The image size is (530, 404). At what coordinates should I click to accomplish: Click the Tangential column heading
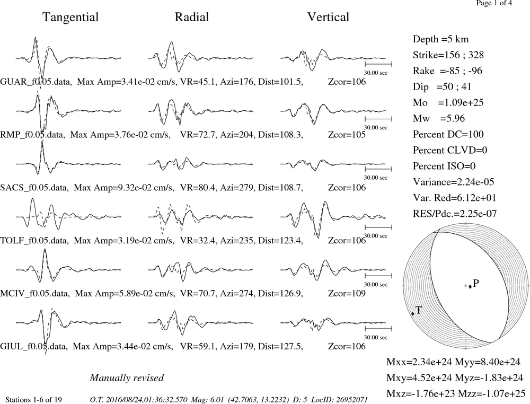(x=70, y=17)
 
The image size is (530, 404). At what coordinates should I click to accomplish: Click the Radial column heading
(x=192, y=17)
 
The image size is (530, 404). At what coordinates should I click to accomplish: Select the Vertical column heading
(x=328, y=17)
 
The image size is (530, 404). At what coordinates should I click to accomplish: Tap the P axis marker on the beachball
(x=470, y=286)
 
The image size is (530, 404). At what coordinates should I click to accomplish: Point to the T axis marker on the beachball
(x=413, y=314)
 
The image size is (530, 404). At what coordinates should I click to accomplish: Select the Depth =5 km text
(x=441, y=39)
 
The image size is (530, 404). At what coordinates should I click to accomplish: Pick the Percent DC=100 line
(x=448, y=134)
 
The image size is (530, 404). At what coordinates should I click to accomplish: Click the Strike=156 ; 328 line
(x=448, y=55)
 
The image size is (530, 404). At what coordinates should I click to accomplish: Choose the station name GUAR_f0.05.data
(x=36, y=82)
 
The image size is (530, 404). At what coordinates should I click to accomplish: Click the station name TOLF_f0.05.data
(x=34, y=241)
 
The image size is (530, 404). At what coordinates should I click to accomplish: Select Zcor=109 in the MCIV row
(x=347, y=293)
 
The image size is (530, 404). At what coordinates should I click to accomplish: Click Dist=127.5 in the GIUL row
(x=280, y=347)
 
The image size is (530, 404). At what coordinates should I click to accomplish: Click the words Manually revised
(x=127, y=378)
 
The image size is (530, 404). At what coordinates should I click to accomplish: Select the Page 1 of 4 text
(x=494, y=3)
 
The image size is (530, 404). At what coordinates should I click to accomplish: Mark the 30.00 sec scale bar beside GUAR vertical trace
(x=378, y=64)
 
